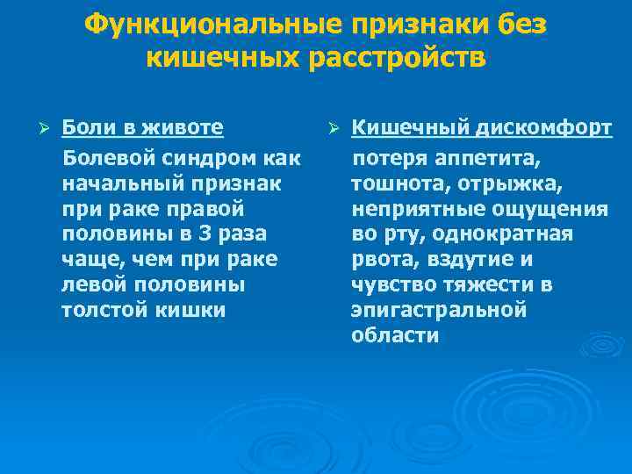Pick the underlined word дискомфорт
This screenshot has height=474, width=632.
click(545, 129)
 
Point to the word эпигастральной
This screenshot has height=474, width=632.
click(438, 310)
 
